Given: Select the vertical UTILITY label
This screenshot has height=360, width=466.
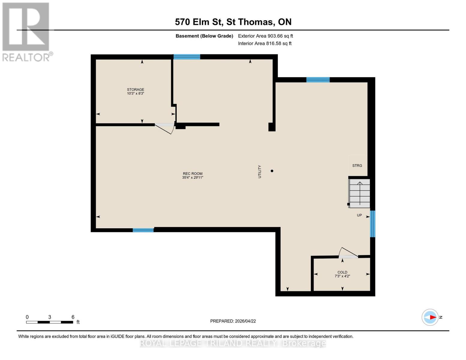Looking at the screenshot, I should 260,172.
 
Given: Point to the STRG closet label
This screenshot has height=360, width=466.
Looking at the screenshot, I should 357,166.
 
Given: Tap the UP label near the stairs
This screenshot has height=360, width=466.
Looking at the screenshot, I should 359,215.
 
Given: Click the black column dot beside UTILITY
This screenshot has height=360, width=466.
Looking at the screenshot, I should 272,171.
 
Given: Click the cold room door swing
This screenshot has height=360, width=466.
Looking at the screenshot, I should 348,253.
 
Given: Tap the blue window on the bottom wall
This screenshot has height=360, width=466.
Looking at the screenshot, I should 143,230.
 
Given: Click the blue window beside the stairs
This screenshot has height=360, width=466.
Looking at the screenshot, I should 372,224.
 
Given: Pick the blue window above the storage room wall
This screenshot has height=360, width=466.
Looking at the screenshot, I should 187,57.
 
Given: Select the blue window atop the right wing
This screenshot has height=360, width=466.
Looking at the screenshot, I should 318,80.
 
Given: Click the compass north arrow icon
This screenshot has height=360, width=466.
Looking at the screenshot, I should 430,317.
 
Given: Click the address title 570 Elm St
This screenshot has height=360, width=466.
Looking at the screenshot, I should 233,22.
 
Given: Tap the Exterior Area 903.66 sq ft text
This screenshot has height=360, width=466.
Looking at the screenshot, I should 265,36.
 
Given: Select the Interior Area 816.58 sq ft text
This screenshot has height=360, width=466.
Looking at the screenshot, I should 265,43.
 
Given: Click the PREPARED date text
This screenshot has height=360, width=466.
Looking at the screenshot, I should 233,321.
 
